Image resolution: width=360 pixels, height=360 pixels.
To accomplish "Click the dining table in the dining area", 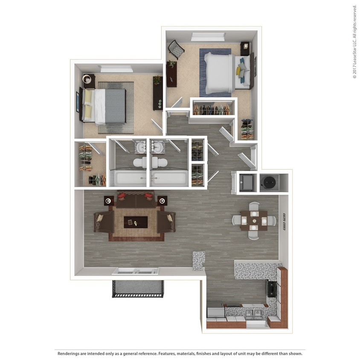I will click(x=254, y=220).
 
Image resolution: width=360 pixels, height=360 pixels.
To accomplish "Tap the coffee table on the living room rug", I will click(x=136, y=222).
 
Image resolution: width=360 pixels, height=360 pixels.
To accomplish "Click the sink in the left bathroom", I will click(x=141, y=147).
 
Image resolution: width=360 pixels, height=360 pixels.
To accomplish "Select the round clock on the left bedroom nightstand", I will click(x=88, y=79).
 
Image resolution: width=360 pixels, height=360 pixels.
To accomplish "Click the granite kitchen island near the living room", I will click(x=199, y=260).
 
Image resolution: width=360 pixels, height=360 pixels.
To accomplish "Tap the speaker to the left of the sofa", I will click(x=109, y=200).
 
